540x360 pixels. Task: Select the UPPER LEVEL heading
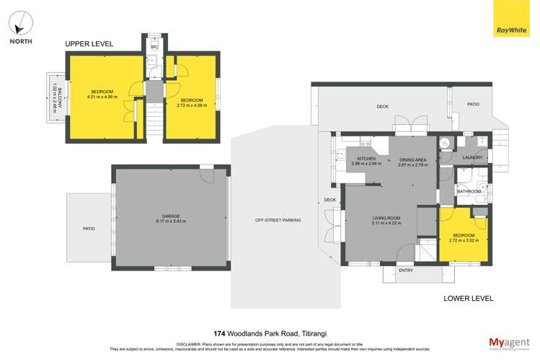(x=89, y=44)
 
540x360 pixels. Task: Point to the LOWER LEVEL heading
(x=469, y=297)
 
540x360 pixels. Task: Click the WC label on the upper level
(x=154, y=48)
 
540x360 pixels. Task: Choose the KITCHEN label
(x=366, y=159)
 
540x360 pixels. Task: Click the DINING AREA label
(x=413, y=159)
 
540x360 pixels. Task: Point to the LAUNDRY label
(x=472, y=157)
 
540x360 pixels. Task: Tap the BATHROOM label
(x=468, y=191)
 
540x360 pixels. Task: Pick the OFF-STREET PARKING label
(x=278, y=220)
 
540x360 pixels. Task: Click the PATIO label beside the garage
(x=89, y=229)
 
